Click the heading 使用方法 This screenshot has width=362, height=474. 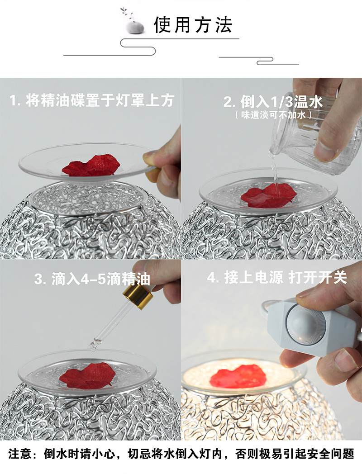[193, 25]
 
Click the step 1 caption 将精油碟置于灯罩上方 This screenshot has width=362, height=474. [92, 100]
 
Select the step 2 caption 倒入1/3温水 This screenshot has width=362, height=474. [273, 102]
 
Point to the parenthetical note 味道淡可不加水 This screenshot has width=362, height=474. [273, 115]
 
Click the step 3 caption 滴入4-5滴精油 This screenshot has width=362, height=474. [92, 279]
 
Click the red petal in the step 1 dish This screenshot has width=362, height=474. [91, 165]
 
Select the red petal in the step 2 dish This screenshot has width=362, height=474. [268, 195]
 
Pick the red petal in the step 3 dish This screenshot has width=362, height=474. [88, 375]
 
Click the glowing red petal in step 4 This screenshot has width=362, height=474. [238, 376]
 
